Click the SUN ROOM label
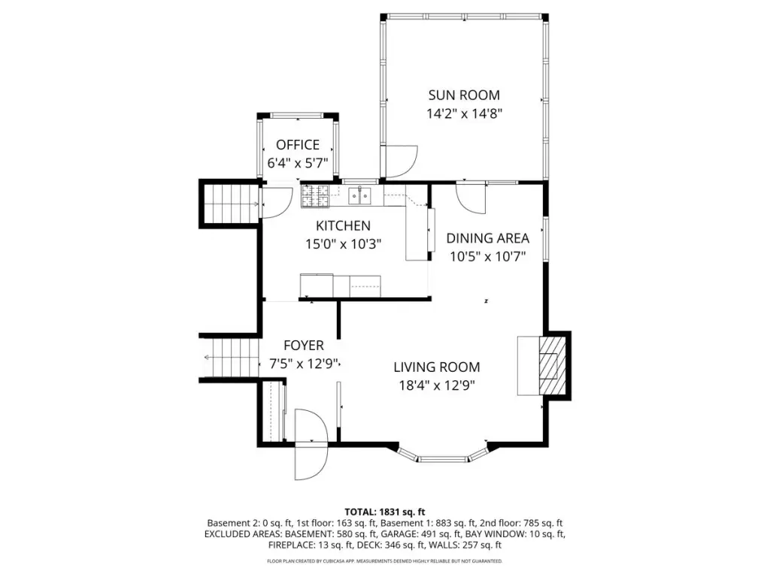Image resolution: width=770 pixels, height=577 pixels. click(x=464, y=95)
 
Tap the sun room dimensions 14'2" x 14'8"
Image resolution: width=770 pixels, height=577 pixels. click(x=464, y=114)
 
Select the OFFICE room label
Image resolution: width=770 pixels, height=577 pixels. click(x=298, y=145)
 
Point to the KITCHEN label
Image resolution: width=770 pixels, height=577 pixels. click(x=343, y=225)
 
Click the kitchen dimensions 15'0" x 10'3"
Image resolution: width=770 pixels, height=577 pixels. click(x=343, y=244)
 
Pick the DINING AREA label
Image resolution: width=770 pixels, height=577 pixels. click(x=487, y=238)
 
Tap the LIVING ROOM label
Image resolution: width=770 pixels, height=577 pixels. click(x=437, y=367)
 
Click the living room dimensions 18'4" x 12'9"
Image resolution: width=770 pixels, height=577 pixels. click(x=437, y=385)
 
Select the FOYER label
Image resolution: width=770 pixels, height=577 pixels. click(x=304, y=346)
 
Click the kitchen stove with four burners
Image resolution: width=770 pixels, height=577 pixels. click(x=315, y=196)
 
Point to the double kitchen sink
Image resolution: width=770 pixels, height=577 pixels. click(x=360, y=196)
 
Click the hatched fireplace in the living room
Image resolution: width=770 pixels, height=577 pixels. click(x=551, y=366)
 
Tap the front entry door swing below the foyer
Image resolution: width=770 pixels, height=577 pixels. click(x=311, y=445)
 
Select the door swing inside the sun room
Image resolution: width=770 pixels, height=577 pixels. click(x=402, y=162)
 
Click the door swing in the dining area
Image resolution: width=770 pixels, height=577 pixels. click(x=471, y=198)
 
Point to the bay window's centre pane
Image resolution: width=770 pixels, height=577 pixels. click(x=444, y=459)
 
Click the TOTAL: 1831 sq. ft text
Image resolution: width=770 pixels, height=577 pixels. click(x=384, y=512)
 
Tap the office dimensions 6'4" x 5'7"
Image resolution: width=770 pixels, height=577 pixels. click(x=298, y=163)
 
